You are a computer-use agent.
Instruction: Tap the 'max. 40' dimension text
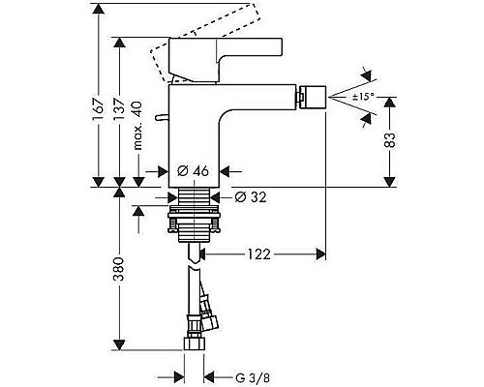[x=139, y=122]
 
